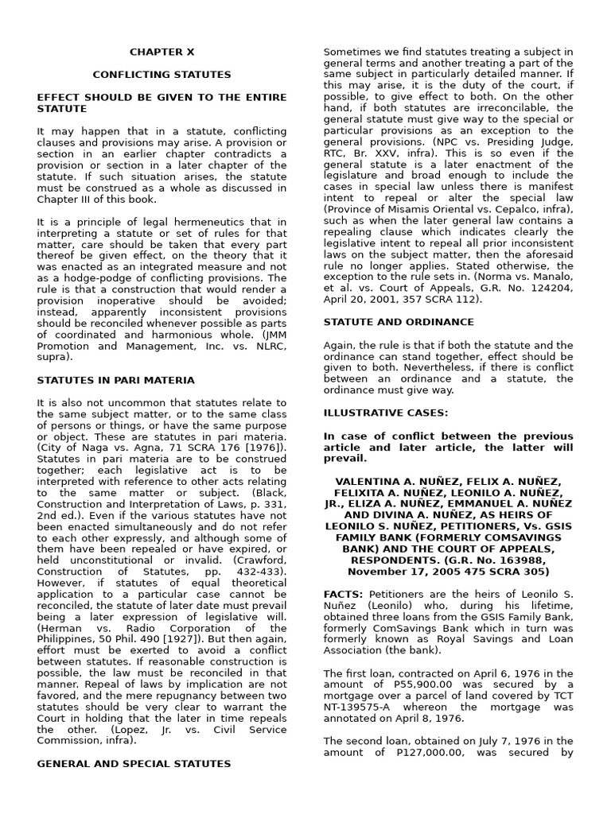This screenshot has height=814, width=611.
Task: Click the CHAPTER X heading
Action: click(x=162, y=52)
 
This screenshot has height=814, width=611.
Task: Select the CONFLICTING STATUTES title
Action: click(x=162, y=75)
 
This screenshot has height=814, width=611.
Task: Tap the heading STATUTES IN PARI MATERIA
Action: click(x=116, y=381)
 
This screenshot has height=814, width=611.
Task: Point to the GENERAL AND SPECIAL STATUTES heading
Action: click(x=134, y=764)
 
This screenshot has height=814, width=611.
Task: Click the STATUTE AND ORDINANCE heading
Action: click(x=399, y=322)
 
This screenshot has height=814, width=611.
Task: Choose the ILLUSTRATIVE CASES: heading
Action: click(x=386, y=413)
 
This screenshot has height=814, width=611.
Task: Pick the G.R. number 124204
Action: click(x=550, y=289)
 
